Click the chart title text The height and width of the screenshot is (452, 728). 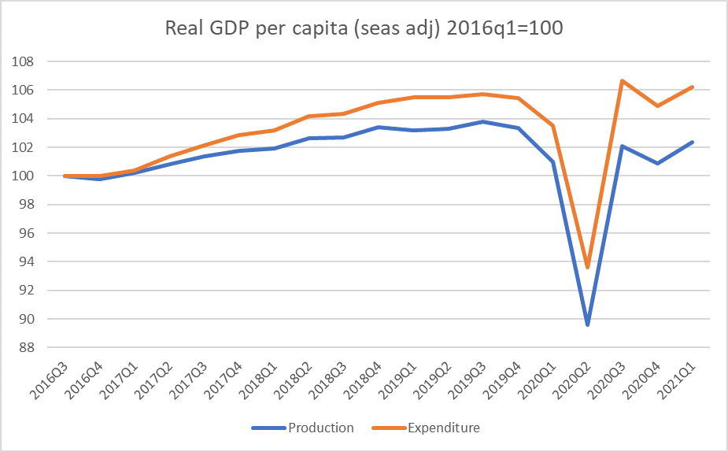coord(364,28)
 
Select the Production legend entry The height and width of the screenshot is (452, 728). coord(321,428)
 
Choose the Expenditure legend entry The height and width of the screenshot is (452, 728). coord(443,428)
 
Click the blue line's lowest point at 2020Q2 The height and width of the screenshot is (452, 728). coord(587,324)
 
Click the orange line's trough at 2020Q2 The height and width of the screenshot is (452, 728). coord(587,267)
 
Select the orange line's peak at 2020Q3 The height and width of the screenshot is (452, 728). coord(622,80)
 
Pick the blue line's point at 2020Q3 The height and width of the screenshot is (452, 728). coord(622,146)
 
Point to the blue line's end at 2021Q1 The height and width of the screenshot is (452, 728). coord(692,142)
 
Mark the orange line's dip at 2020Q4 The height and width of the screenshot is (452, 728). coord(657,106)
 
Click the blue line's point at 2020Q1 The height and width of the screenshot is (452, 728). coord(552,161)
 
